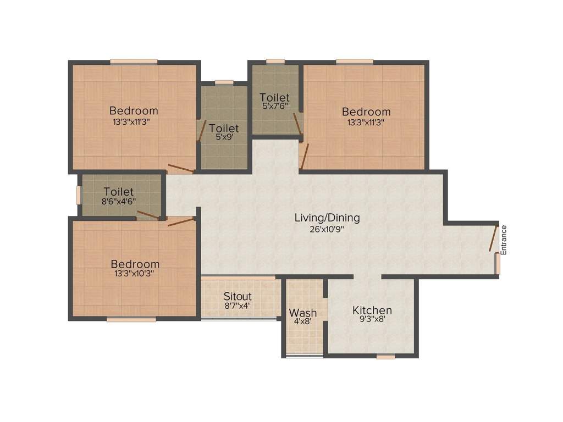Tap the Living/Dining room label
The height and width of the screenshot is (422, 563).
327,218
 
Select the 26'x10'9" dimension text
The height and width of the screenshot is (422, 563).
327,229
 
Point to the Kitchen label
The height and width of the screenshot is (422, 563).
372,310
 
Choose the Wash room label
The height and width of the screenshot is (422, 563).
303,313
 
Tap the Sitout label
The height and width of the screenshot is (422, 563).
238,297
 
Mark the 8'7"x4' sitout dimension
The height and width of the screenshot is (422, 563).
238,306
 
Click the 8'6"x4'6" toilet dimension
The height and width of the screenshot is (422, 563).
118,201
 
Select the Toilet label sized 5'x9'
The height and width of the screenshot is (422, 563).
224,129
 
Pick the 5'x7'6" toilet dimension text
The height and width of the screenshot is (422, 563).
274,106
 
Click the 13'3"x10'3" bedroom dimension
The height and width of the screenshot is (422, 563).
135,273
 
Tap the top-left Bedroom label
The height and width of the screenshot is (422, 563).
134,110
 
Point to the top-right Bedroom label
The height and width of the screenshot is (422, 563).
366,112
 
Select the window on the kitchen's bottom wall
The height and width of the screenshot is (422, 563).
386,357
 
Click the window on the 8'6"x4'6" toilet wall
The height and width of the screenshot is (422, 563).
79,195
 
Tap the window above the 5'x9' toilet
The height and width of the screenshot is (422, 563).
224,82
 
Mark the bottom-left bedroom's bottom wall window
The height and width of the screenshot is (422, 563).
124,319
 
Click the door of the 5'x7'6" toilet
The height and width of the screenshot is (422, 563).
297,124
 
